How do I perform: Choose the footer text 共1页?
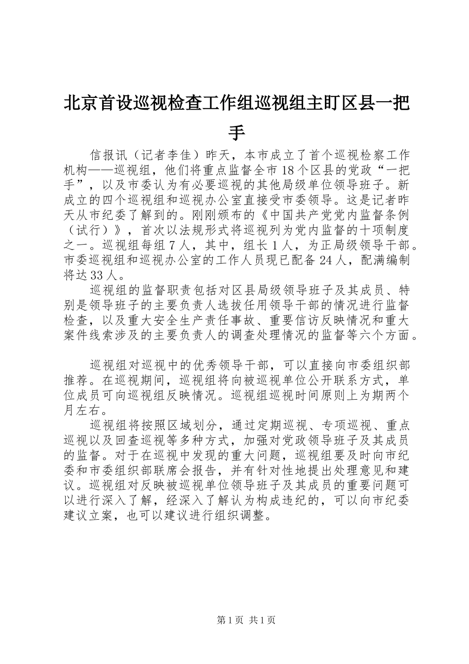pyautogui.click(x=263, y=621)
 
